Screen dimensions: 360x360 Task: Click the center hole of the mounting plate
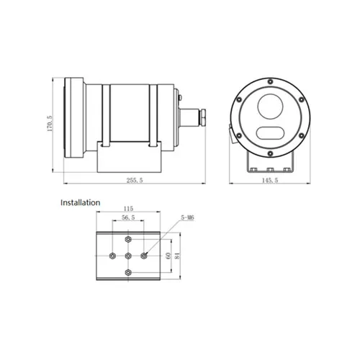point(127,256)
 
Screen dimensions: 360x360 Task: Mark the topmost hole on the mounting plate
point(127,240)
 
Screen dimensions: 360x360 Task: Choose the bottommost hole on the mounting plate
point(127,271)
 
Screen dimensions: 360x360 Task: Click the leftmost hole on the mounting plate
point(112,256)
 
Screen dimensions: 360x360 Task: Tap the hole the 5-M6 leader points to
point(144,255)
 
